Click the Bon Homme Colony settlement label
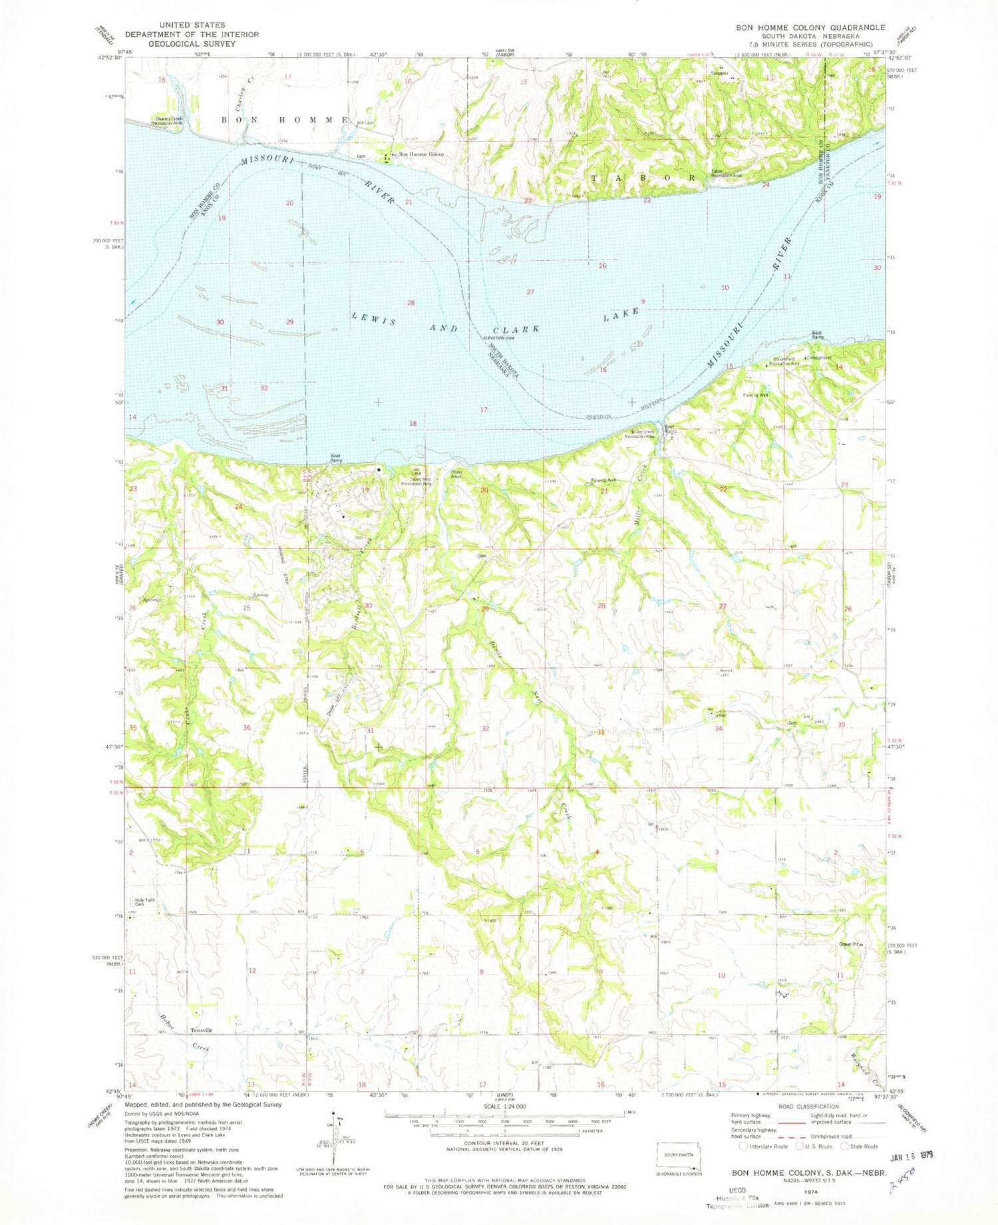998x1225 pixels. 420,154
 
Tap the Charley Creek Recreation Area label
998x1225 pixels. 168,121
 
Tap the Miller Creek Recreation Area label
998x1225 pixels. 643,435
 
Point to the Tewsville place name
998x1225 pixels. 202,1030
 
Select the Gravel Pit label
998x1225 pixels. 850,944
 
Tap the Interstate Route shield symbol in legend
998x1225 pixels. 743,1146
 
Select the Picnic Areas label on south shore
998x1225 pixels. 456,474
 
